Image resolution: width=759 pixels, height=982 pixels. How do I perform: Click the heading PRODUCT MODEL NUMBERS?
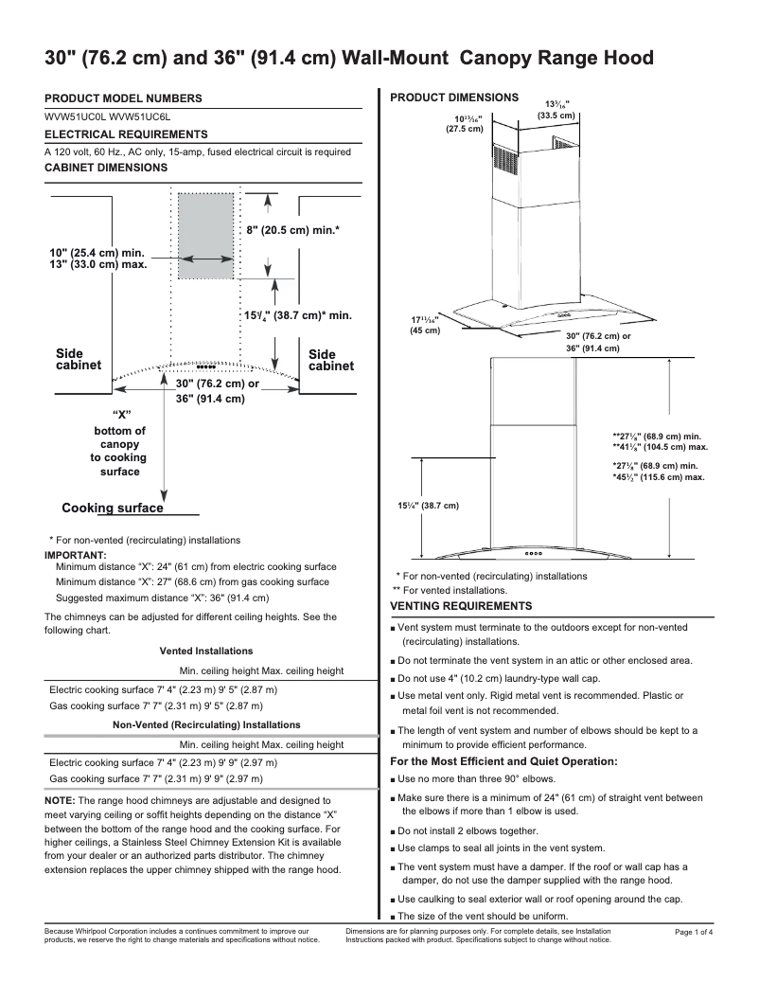pyautogui.click(x=123, y=98)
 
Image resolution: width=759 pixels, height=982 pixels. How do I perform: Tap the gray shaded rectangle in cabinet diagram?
pyautogui.click(x=205, y=236)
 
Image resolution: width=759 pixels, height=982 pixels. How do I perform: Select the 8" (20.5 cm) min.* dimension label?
pyautogui.click(x=292, y=230)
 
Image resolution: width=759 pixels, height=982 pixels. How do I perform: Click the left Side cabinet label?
pyautogui.click(x=78, y=360)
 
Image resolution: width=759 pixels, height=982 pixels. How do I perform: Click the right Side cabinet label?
pyautogui.click(x=331, y=360)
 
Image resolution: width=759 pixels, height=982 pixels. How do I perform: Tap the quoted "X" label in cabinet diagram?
pyautogui.click(x=120, y=415)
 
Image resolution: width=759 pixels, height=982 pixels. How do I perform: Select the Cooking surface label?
pyautogui.click(x=113, y=508)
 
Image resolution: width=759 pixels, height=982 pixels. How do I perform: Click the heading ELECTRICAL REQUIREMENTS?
pyautogui.click(x=126, y=134)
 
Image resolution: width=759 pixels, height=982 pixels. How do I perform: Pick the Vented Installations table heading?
pyautogui.click(x=205, y=652)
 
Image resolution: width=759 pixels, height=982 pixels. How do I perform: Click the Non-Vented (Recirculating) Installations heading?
pyautogui.click(x=205, y=723)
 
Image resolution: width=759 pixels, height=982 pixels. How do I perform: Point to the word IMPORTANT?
pyautogui.click(x=76, y=554)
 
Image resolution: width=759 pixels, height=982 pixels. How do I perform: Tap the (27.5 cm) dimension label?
pyautogui.click(x=465, y=129)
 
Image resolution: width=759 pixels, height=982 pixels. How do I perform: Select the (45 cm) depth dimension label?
pyautogui.click(x=424, y=330)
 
